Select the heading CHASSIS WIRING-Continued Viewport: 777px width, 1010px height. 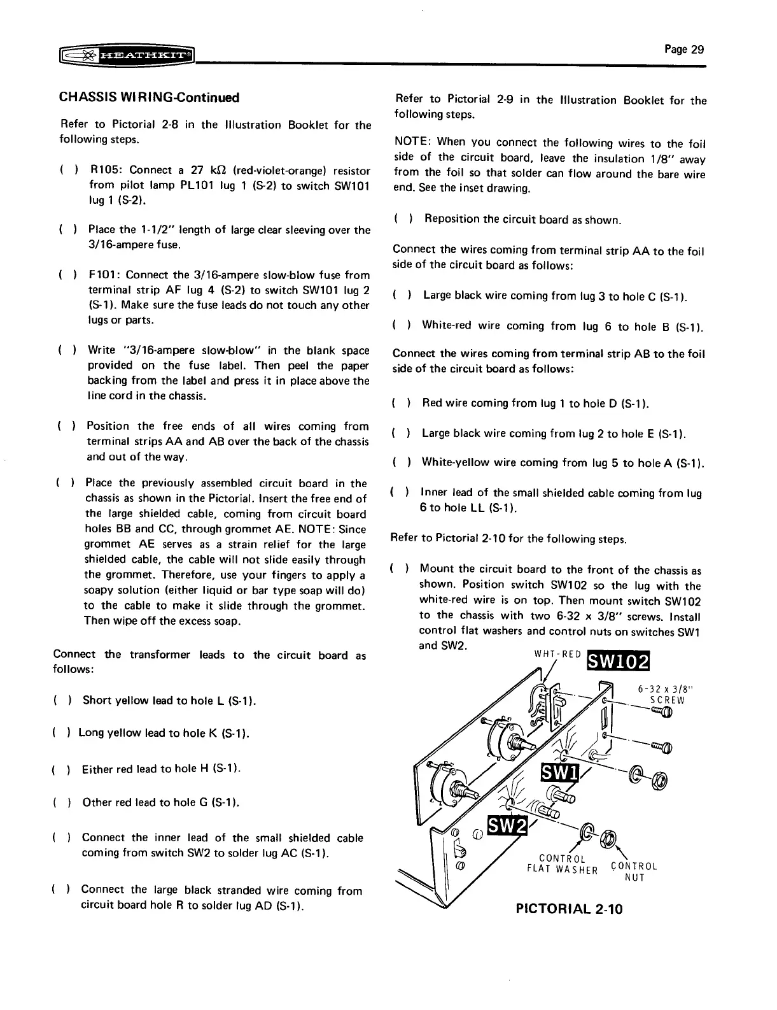click(150, 97)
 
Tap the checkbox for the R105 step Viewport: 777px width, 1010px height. click(67, 171)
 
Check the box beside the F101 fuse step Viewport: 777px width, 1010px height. click(67, 275)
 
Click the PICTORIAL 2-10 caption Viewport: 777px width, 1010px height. click(569, 909)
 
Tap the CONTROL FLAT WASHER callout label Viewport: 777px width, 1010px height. click(562, 864)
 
